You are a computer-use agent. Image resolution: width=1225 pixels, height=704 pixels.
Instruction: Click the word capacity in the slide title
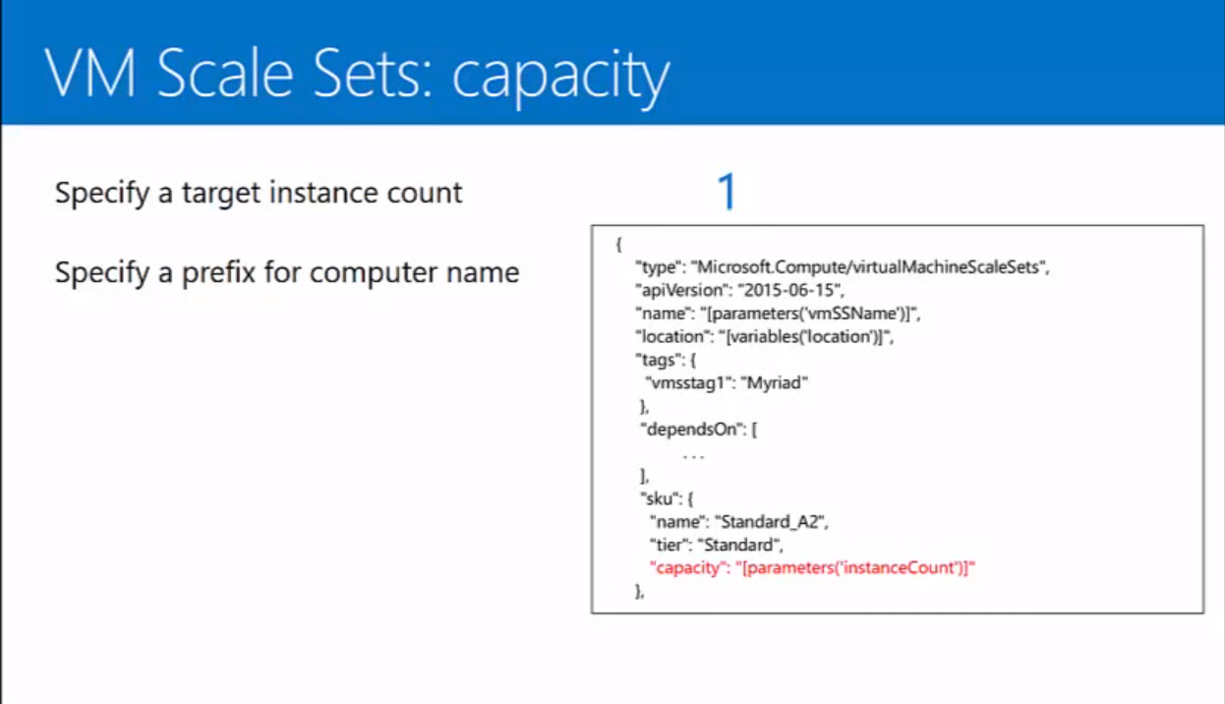561,76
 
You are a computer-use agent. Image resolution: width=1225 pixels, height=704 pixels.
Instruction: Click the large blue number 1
727,193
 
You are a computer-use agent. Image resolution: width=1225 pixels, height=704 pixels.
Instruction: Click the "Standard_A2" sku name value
770,521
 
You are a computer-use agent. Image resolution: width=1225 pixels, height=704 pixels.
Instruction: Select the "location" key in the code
671,336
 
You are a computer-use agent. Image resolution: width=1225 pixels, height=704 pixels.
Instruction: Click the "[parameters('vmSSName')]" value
811,314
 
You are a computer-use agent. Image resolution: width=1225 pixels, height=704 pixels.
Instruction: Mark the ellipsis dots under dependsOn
693,455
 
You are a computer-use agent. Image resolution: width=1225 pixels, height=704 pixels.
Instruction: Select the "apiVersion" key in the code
679,290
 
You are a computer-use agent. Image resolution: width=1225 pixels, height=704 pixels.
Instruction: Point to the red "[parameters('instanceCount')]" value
854,567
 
